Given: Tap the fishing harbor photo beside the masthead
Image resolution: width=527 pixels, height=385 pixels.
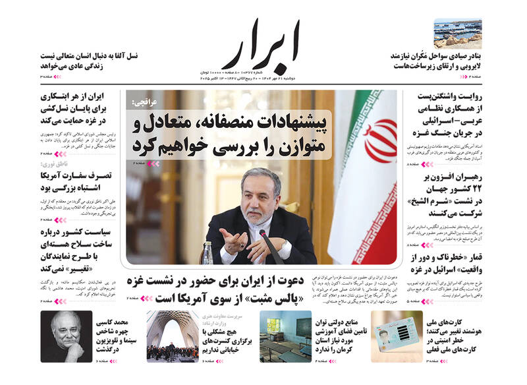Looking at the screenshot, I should (x=457, y=33).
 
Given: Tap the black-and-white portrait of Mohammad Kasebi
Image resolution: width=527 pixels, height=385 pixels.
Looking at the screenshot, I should (x=66, y=336).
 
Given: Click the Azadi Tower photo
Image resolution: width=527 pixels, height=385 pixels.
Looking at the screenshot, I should (x=172, y=336).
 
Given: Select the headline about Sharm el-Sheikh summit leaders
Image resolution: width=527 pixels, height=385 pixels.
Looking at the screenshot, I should (x=448, y=195).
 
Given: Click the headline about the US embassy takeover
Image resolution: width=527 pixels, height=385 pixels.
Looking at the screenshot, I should (x=75, y=181).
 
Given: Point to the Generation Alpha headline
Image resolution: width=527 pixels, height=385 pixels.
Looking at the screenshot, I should (x=89, y=61).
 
